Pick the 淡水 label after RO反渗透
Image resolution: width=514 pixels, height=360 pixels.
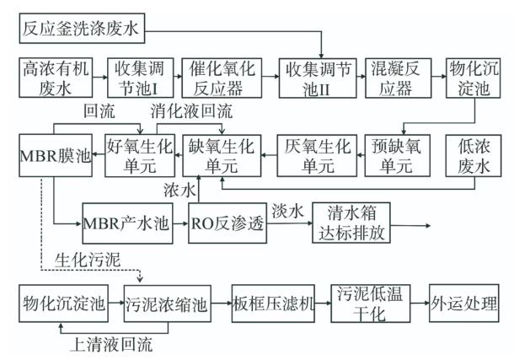pos(286,207)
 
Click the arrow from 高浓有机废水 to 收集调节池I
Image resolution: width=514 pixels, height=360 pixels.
pos(96,76)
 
